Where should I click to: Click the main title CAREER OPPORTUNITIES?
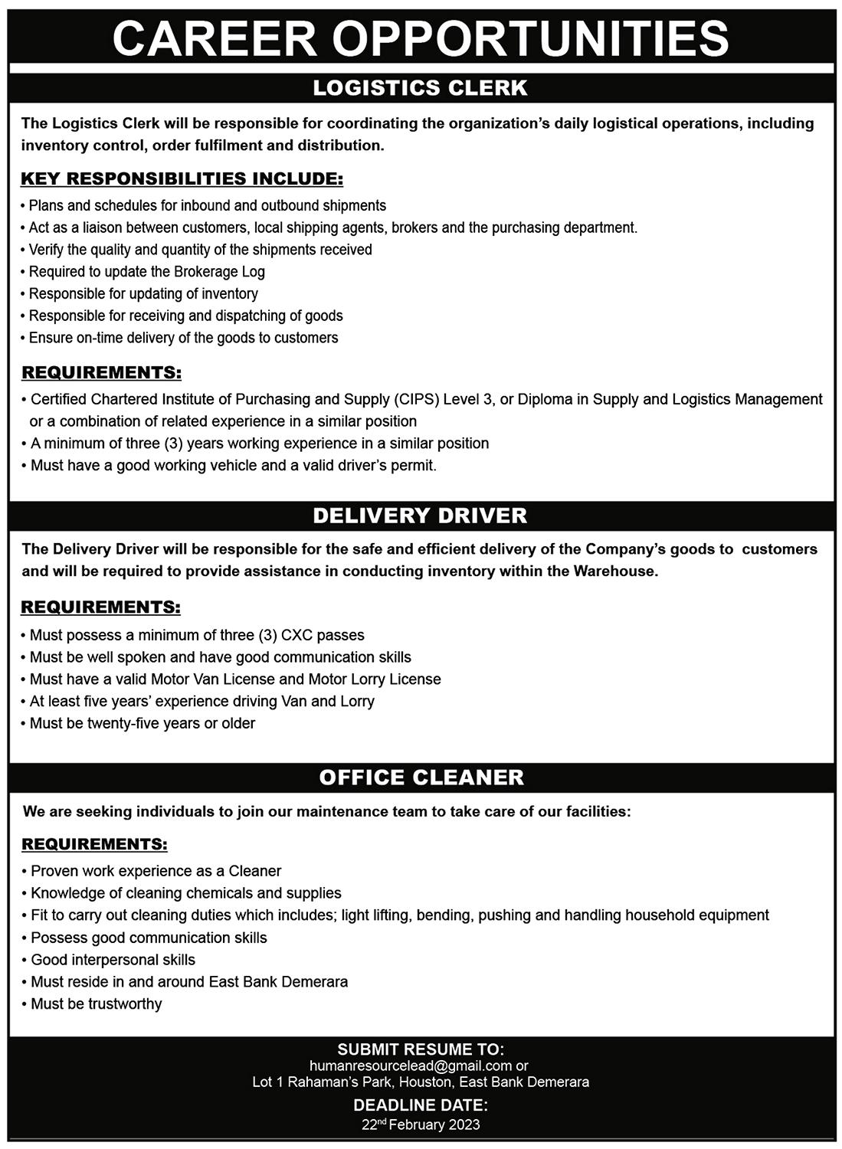click(421, 38)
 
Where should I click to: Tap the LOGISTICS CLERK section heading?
click(421, 88)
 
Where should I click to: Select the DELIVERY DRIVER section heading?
click(421, 516)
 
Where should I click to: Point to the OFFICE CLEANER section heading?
click(421, 777)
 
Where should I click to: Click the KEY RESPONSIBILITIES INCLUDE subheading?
click(182, 179)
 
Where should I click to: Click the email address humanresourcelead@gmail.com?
click(411, 1066)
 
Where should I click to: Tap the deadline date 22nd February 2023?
click(421, 1124)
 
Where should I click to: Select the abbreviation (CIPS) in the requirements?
click(418, 399)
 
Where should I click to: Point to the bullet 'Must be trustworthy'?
click(97, 1003)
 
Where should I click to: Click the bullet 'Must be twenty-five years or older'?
click(143, 723)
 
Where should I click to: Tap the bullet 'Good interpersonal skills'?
click(113, 960)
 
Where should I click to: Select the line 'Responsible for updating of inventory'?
click(143, 293)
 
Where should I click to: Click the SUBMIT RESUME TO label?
click(421, 1049)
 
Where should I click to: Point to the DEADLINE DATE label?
click(421, 1105)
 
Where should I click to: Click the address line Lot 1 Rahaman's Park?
click(421, 1082)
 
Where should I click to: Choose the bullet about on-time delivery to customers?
click(183, 338)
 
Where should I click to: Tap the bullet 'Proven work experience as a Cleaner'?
click(156, 871)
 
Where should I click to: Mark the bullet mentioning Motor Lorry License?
click(235, 679)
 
